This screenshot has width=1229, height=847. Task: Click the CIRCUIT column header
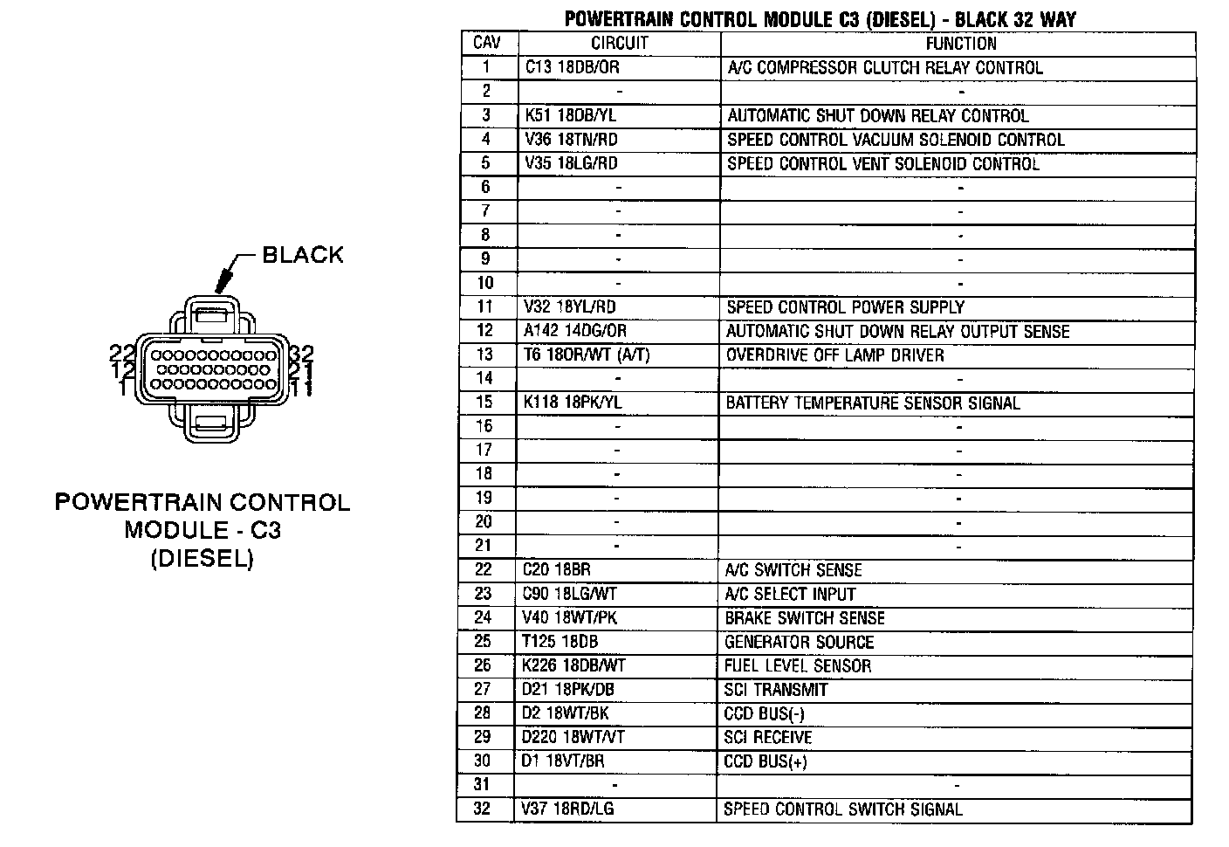click(x=619, y=43)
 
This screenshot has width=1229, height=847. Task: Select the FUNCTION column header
click(x=961, y=44)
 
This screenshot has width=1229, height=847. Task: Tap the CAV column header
click(x=487, y=42)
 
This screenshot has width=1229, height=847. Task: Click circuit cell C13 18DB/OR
click(x=573, y=67)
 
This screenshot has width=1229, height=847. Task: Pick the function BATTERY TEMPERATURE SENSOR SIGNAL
click(x=873, y=403)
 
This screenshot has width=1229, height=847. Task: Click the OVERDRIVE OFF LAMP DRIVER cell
click(x=835, y=355)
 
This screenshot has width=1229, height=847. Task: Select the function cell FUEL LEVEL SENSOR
click(x=798, y=666)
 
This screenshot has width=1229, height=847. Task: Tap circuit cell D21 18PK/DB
click(x=568, y=690)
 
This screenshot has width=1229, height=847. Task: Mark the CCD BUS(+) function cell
click(x=766, y=761)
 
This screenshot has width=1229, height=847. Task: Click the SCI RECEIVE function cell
click(x=767, y=737)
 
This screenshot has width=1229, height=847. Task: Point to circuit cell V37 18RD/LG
click(x=567, y=809)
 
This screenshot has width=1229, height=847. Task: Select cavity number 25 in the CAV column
click(x=483, y=641)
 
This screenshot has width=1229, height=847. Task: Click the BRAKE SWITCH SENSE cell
click(x=805, y=618)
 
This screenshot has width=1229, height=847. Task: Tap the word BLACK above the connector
click(x=303, y=255)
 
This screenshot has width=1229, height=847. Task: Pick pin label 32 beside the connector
click(x=302, y=353)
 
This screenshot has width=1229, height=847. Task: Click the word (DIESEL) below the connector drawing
click(x=203, y=559)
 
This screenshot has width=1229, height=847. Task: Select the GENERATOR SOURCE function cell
click(x=799, y=642)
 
